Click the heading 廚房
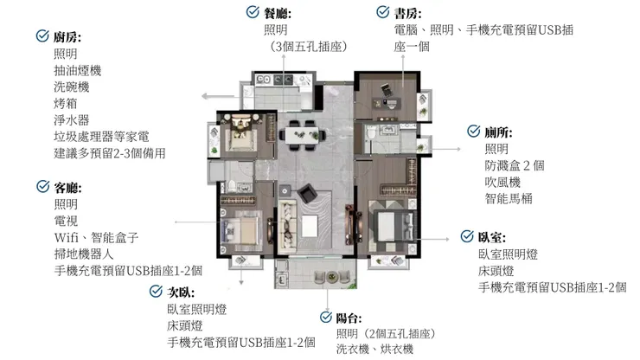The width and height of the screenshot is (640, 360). pyautogui.click(x=67, y=37)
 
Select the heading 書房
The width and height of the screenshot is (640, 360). pyautogui.click(x=407, y=13)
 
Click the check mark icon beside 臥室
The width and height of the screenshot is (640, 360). pyautogui.click(x=465, y=236)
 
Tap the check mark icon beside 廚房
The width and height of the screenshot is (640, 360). pyautogui.click(x=42, y=36)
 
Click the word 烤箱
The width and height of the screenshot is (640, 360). pyautogui.click(x=65, y=103)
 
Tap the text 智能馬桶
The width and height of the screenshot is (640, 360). pyautogui.click(x=509, y=198)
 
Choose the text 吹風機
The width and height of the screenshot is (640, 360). pyautogui.click(x=502, y=182)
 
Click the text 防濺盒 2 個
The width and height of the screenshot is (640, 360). pyautogui.click(x=514, y=165)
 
